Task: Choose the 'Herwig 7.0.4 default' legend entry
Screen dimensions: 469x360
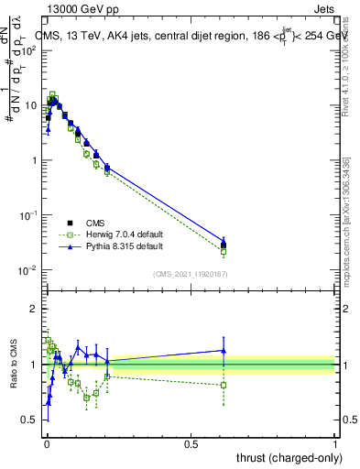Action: coord(111,234)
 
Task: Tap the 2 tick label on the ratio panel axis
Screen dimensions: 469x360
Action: coord(34,309)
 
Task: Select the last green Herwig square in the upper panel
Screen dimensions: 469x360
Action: coord(224,251)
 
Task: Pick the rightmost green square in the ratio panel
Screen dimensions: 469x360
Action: coord(224,385)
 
